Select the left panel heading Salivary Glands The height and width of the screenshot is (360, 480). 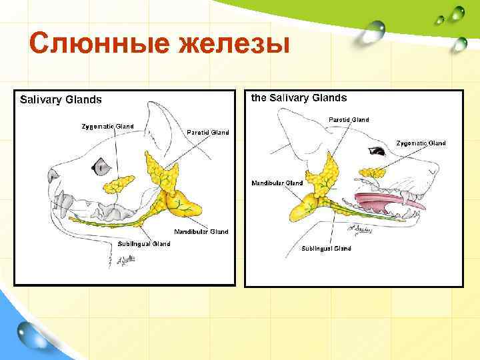click(x=61, y=100)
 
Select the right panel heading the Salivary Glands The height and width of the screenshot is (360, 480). click(x=299, y=98)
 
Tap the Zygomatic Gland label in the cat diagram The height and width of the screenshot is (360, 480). click(x=107, y=126)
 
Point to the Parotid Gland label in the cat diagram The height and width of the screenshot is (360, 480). click(x=208, y=133)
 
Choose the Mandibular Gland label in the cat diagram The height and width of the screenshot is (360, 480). click(x=201, y=232)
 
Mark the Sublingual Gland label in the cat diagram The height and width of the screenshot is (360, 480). click(x=144, y=244)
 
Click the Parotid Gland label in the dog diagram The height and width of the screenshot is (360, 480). click(x=349, y=120)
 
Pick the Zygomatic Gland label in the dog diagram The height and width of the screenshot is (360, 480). click(x=421, y=143)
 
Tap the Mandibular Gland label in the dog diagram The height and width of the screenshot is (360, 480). click(x=277, y=183)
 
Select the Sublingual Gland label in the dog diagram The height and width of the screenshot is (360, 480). click(x=326, y=249)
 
